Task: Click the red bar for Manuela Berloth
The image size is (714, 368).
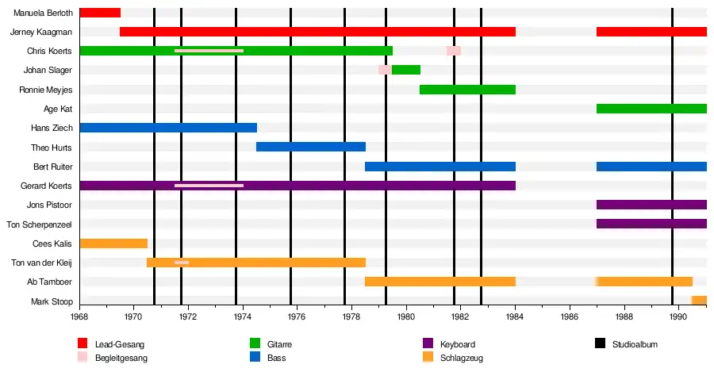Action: coord(100,13)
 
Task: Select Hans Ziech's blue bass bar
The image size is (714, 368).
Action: coord(168,128)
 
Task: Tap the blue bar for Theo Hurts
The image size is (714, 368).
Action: coord(310,147)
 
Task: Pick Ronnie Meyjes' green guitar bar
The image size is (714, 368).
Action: coord(467,90)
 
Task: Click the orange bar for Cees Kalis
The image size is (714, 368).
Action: coord(113,243)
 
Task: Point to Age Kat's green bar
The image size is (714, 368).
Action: coord(651,109)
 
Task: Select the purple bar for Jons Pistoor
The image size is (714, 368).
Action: coord(651,205)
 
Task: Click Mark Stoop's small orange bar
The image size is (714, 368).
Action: coord(699,301)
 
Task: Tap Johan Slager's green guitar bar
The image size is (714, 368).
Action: coord(406,70)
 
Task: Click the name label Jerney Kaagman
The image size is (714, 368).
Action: coord(41,32)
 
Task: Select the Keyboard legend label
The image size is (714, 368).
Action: coord(459,344)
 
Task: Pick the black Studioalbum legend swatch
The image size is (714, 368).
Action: coord(600,344)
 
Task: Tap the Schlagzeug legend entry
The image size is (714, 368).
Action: coord(461,358)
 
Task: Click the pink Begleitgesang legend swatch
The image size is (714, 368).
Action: coord(83,358)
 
